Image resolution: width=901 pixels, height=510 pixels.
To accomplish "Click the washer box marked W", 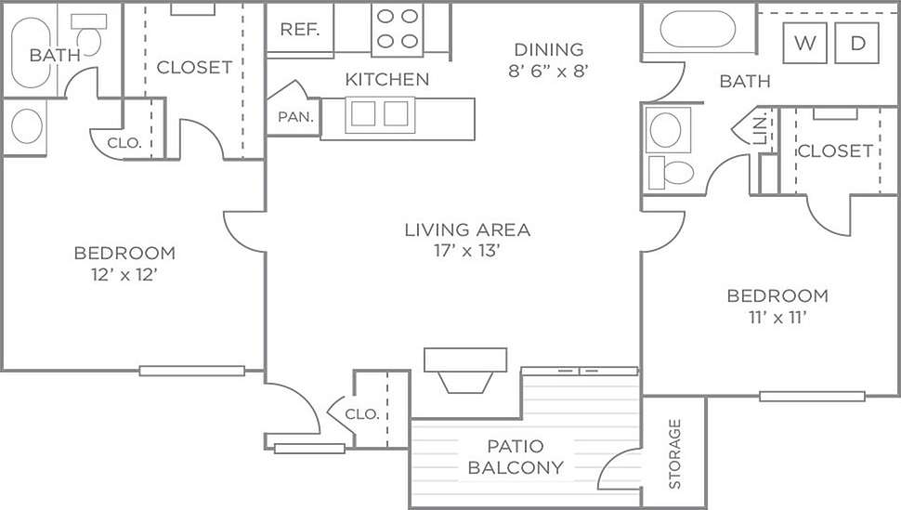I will tap(805, 43).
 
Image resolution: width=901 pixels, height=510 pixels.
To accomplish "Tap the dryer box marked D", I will tap(856, 43).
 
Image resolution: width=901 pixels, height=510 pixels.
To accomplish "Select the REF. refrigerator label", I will tap(300, 29).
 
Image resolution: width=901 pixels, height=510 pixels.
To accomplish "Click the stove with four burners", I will tap(398, 28).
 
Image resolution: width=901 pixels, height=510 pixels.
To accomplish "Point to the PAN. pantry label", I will tap(295, 118).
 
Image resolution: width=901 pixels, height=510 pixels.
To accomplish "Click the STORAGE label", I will tap(674, 453).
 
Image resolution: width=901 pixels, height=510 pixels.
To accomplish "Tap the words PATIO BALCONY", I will tap(516, 457).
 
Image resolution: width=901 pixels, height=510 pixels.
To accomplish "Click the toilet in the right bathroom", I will tap(671, 172).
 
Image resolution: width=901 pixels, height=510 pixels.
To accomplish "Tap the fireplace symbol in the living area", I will tap(465, 370).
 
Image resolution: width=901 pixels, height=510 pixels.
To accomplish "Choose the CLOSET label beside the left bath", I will tap(194, 67).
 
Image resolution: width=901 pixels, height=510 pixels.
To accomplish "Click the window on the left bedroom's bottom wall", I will tap(191, 371).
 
